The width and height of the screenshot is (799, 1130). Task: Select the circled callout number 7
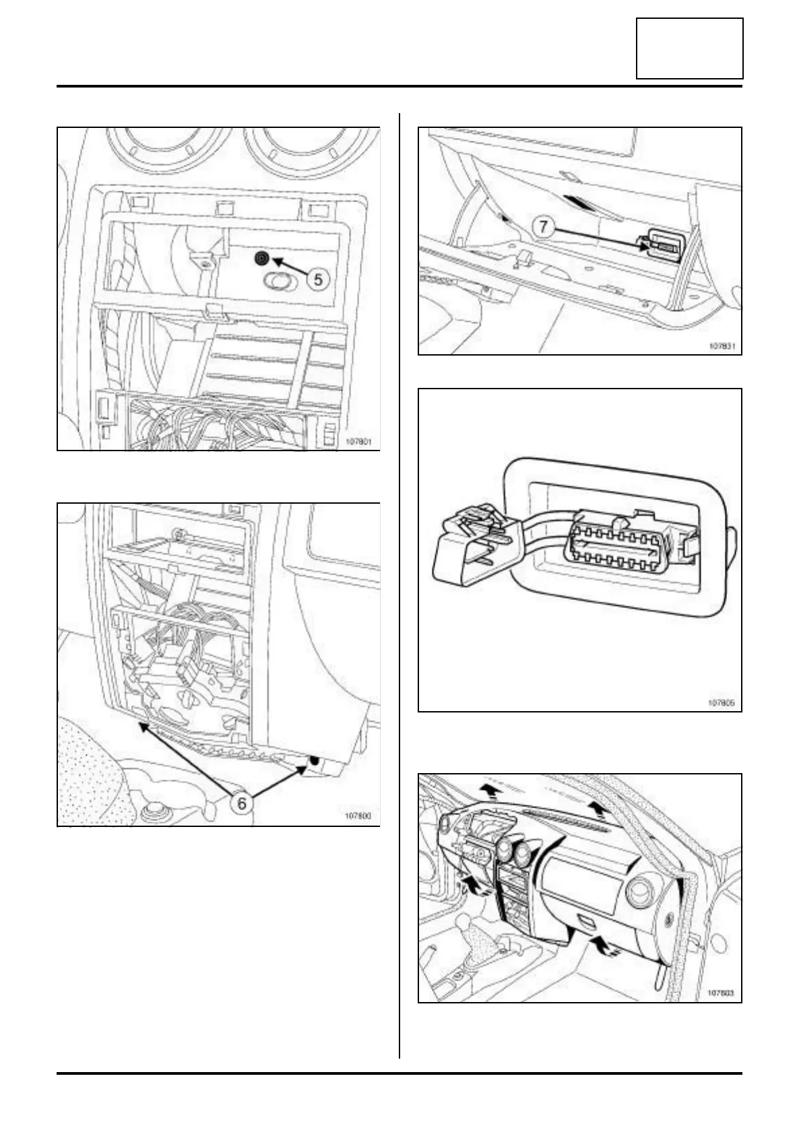[544, 226]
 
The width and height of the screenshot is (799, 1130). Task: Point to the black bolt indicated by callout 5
[261, 259]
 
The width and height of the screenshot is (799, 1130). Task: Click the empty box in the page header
[689, 48]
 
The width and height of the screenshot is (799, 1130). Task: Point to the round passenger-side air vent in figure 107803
[637, 894]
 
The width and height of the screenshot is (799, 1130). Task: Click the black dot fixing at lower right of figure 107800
[314, 761]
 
